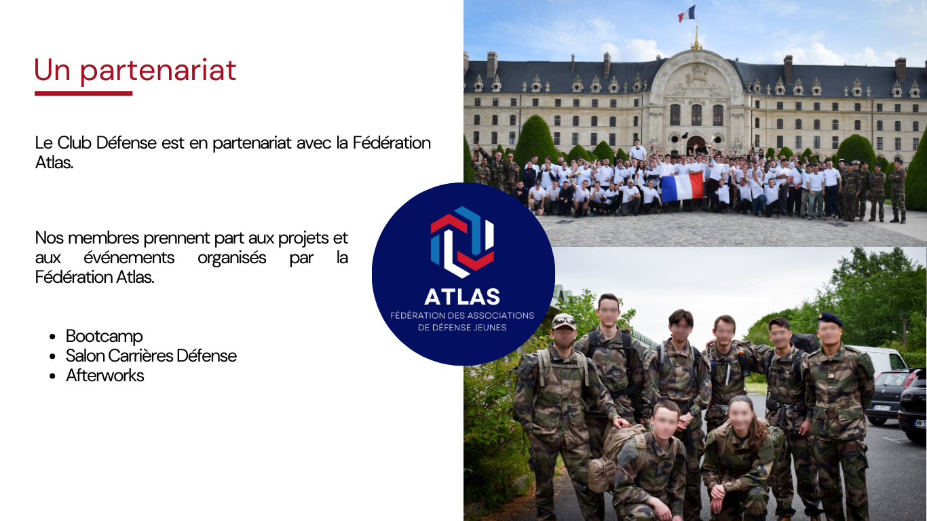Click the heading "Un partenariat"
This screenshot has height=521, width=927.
tap(135, 71)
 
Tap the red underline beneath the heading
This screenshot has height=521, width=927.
tap(83, 94)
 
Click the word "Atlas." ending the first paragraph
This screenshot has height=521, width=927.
tap(54, 163)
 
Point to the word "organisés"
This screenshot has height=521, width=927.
tap(232, 258)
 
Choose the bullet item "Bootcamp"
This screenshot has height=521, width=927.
tap(105, 336)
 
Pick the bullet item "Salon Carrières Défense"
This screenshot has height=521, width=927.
tap(151, 356)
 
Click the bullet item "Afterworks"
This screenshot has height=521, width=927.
tap(105, 376)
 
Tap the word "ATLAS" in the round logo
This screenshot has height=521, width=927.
tap(462, 296)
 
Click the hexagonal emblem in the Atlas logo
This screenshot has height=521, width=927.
tap(462, 242)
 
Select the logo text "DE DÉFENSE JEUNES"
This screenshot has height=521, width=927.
tap(462, 328)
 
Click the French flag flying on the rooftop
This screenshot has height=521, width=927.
tap(687, 14)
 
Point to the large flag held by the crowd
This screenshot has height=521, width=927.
tap(683, 187)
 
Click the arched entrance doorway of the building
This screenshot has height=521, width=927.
tap(696, 145)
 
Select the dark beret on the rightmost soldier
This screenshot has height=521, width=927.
tap(829, 319)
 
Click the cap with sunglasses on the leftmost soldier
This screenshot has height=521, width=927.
tap(564, 321)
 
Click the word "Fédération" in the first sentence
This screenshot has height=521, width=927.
tap(392, 142)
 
